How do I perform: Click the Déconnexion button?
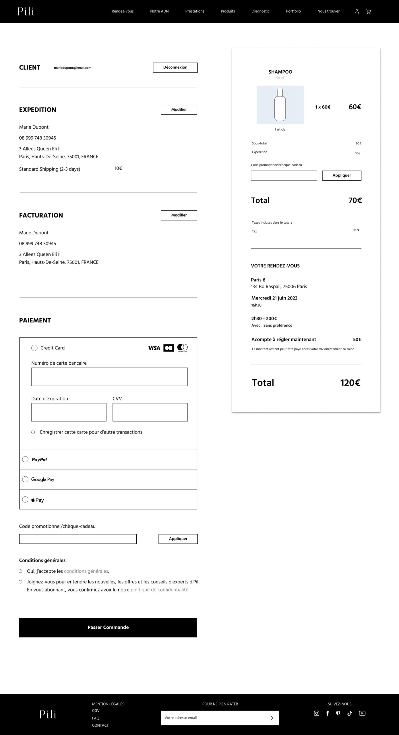(175, 67)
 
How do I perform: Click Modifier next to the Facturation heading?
(179, 215)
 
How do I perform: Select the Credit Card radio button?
(34, 348)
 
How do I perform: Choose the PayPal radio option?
(25, 459)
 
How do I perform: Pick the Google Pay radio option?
(25, 479)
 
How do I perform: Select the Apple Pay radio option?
(25, 500)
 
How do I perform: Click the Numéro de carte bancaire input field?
(109, 377)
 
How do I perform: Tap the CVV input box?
(150, 412)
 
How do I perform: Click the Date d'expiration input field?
(69, 412)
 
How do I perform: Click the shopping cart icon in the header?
(368, 11)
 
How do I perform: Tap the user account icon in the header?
(357, 11)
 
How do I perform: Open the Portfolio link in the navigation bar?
(293, 11)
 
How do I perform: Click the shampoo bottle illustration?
(280, 105)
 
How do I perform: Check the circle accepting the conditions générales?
(20, 571)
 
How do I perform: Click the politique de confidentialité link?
(159, 590)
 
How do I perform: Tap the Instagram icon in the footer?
(317, 713)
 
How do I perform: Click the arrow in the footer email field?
(271, 718)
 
